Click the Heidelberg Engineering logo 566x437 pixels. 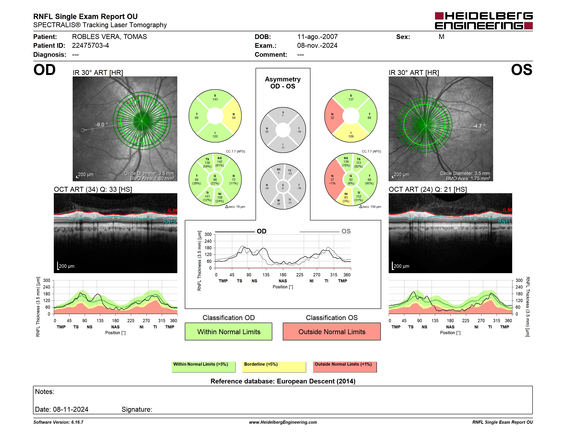pos(484,21)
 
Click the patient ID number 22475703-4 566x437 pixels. pos(90,46)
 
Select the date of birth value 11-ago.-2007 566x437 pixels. pos(317,37)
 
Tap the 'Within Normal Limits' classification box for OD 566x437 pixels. pos(228,331)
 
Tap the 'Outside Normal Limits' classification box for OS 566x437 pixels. pos(332,331)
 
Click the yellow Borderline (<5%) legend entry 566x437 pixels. pos(274,367)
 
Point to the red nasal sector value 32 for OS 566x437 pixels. pos(332,118)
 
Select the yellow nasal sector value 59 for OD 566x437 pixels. pos(233,118)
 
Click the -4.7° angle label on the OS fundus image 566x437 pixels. pos(479,126)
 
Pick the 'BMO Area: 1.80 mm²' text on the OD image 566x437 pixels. pos(152,178)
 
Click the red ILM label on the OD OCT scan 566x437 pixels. pos(172,211)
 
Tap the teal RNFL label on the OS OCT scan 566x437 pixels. pos(505,221)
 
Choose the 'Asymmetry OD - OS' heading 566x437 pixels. pos(283,83)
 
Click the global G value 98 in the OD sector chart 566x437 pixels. pos(215,180)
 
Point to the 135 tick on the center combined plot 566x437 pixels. pos(266,275)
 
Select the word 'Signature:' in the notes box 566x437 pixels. pos(137,409)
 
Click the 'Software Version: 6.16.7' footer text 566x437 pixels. pos(58,422)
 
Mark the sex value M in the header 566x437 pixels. pos(441,37)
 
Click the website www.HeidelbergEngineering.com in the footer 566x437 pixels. pos(283,422)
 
